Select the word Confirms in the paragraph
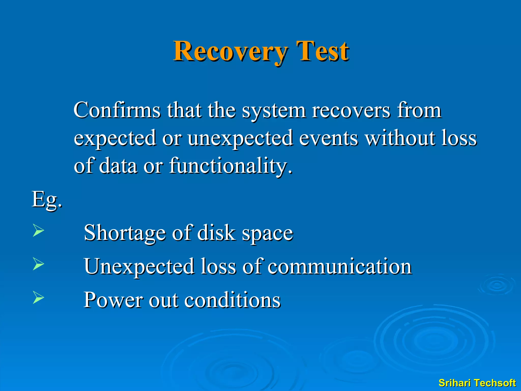(x=117, y=110)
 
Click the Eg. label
(x=47, y=200)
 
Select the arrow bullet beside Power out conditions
(x=38, y=298)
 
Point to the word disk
(x=216, y=233)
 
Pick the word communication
(x=340, y=267)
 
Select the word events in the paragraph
(x=328, y=138)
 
